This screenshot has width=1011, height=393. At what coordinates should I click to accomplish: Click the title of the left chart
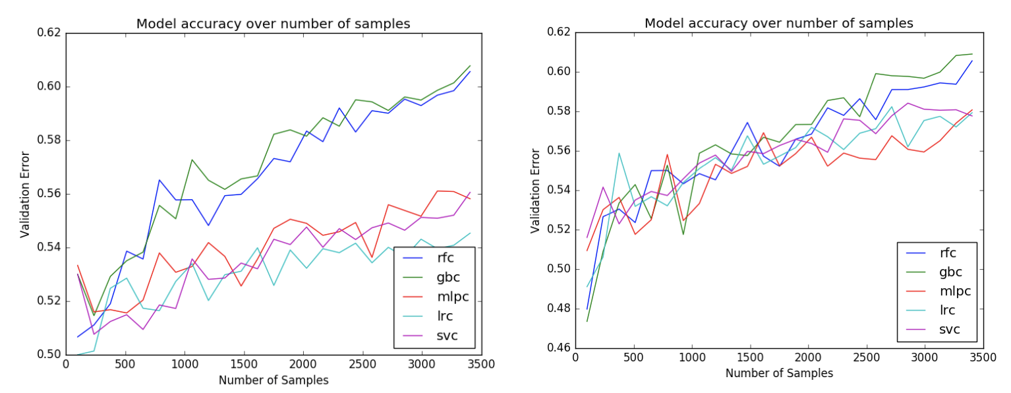tap(273, 24)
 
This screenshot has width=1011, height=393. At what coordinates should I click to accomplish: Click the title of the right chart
tap(778, 24)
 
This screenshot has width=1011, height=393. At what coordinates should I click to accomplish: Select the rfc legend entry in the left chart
tap(447, 257)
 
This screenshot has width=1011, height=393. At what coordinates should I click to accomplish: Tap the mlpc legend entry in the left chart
tap(451, 296)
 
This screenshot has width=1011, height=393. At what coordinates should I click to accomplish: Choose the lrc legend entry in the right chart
tap(948, 310)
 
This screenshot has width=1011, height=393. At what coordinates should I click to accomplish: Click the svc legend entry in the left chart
tap(447, 336)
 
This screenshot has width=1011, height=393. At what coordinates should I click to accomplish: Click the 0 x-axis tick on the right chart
tap(575, 357)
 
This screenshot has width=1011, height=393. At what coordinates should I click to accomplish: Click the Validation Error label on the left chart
tap(25, 194)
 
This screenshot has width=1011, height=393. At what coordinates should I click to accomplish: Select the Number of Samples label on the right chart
tap(779, 373)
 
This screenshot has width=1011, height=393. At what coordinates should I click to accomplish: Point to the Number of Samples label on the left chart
tap(274, 380)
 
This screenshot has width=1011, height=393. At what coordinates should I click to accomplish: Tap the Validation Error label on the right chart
tap(535, 190)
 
